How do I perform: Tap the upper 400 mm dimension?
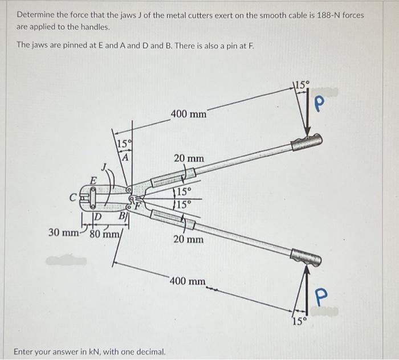(189, 114)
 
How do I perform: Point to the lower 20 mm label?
(188, 239)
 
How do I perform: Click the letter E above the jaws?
(88, 181)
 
